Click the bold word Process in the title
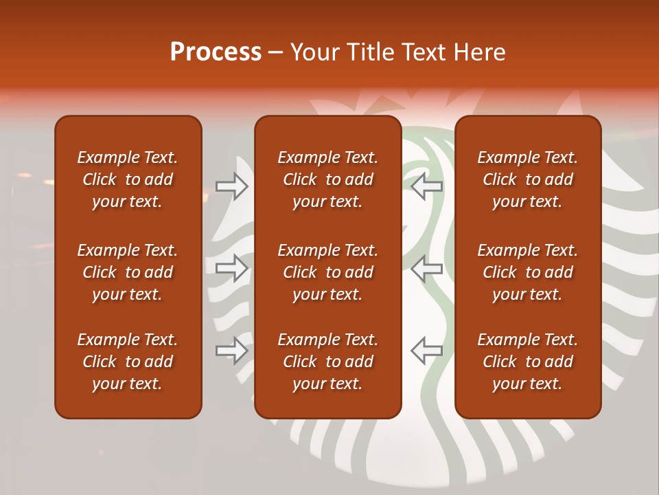[216, 52]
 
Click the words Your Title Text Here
[398, 52]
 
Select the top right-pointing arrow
[232, 186]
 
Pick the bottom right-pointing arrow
[232, 351]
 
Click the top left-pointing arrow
[426, 186]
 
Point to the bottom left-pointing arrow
[426, 351]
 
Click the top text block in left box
[128, 179]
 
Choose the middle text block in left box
[128, 272]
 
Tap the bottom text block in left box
[128, 362]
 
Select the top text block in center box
[327, 179]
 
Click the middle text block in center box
[327, 272]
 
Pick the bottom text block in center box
[327, 362]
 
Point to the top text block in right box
[527, 179]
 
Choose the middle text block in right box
[527, 272]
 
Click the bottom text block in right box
[527, 362]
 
